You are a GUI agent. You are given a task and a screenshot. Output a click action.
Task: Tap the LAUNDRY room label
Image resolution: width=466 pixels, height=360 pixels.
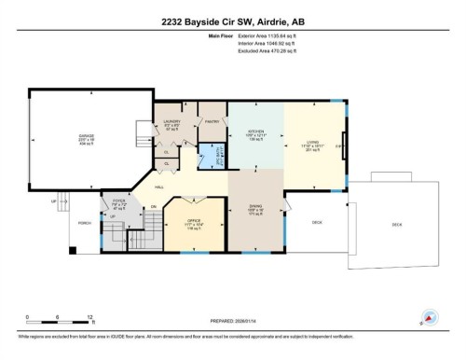click(x=171, y=122)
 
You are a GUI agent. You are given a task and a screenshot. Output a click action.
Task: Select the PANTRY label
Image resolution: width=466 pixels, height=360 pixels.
click(x=211, y=122)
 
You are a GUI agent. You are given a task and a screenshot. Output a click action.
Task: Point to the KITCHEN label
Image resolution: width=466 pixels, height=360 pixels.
click(x=254, y=132)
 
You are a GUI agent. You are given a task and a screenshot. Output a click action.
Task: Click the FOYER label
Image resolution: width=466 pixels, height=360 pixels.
click(x=119, y=201)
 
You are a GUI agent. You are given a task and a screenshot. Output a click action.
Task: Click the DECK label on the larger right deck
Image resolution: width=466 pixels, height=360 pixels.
click(x=398, y=225)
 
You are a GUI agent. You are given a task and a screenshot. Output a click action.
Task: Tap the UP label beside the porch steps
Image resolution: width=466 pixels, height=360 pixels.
click(x=54, y=201)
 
